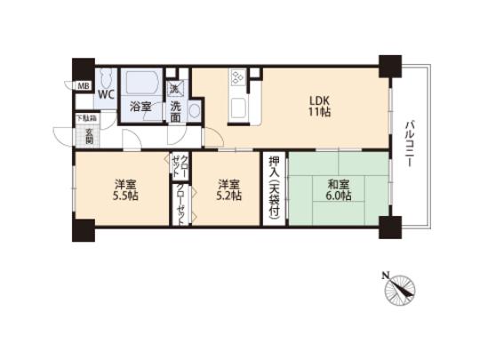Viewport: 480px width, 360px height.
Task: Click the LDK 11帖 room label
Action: (x=321, y=107)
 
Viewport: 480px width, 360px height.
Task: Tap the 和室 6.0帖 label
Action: (x=338, y=189)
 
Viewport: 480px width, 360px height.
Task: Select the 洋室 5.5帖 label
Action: (x=124, y=189)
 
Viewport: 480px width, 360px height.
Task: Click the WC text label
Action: (x=106, y=92)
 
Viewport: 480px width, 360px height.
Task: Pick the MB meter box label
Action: (x=83, y=86)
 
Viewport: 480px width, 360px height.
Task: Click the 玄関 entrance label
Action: (x=89, y=136)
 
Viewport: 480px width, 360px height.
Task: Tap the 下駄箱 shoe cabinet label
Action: (x=84, y=117)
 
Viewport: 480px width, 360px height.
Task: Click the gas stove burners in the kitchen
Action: (x=238, y=78)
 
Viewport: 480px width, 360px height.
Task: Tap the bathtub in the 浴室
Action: (x=140, y=84)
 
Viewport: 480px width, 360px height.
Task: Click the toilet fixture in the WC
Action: (x=104, y=76)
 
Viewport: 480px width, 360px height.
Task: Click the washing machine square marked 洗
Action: (x=175, y=87)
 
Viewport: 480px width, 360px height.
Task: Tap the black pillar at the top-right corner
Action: (x=388, y=67)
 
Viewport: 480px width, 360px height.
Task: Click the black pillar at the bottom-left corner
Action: (x=83, y=229)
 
